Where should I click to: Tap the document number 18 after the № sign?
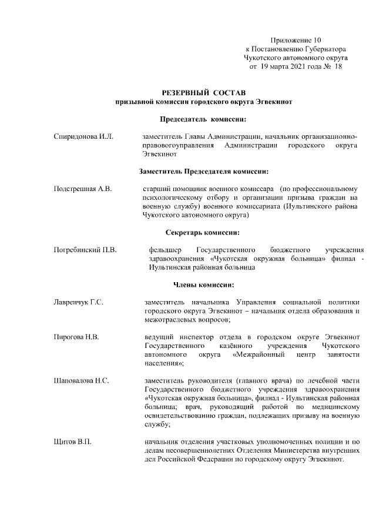tap(338, 67)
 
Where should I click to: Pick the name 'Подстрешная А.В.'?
tap(82, 189)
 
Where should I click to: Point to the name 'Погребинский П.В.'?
tap(85, 250)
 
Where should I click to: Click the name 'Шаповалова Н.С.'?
tap(81, 381)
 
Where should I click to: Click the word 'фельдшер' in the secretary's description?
tap(166, 250)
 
